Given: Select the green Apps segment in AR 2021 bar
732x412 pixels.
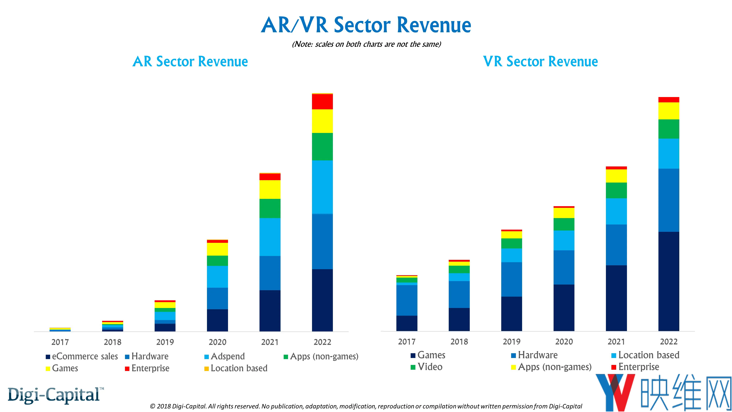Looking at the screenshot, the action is pos(270,208).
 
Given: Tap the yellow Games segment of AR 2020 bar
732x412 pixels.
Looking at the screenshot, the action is pos(217,249).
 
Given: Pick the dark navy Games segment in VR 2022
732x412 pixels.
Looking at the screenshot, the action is pos(669,281).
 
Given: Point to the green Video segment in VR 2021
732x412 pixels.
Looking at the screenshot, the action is pos(616,190).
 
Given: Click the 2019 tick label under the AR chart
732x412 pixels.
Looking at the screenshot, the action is pos(165,342).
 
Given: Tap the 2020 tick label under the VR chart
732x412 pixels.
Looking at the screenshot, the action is pos(564,342).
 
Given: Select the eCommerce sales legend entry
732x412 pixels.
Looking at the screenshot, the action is pos(82,356).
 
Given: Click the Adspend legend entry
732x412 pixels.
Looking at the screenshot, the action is pos(225,356).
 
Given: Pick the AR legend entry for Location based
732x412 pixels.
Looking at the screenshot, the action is pos(236,368).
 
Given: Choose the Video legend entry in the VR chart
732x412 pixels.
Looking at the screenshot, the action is pos(427,367).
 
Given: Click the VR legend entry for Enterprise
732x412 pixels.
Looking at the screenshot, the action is pos(635,367).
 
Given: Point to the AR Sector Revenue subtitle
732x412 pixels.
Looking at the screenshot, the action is pos(190,61).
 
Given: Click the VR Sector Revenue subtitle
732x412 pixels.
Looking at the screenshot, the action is pos(540,61).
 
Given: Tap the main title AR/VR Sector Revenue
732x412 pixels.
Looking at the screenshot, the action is pos(366,25).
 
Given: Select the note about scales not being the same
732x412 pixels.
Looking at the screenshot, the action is pos(367,44).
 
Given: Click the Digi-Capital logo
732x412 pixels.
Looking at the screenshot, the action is pos(56,395).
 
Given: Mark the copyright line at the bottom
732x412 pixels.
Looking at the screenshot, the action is pos(366,406).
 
